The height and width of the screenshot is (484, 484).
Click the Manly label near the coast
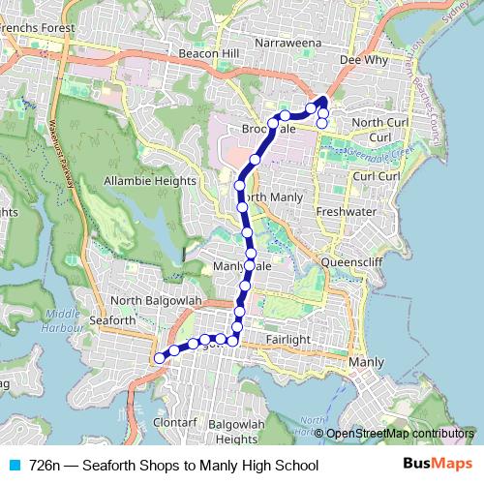point(367,362)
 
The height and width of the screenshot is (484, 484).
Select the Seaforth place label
point(111,320)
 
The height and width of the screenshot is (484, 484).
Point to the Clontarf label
point(174,423)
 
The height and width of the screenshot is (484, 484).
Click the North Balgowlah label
point(155,301)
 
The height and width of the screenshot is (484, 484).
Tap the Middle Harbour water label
point(63,319)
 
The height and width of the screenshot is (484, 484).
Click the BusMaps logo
point(438,466)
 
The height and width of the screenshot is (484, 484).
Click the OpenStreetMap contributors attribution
point(399,435)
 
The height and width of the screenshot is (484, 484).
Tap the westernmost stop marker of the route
point(159,358)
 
